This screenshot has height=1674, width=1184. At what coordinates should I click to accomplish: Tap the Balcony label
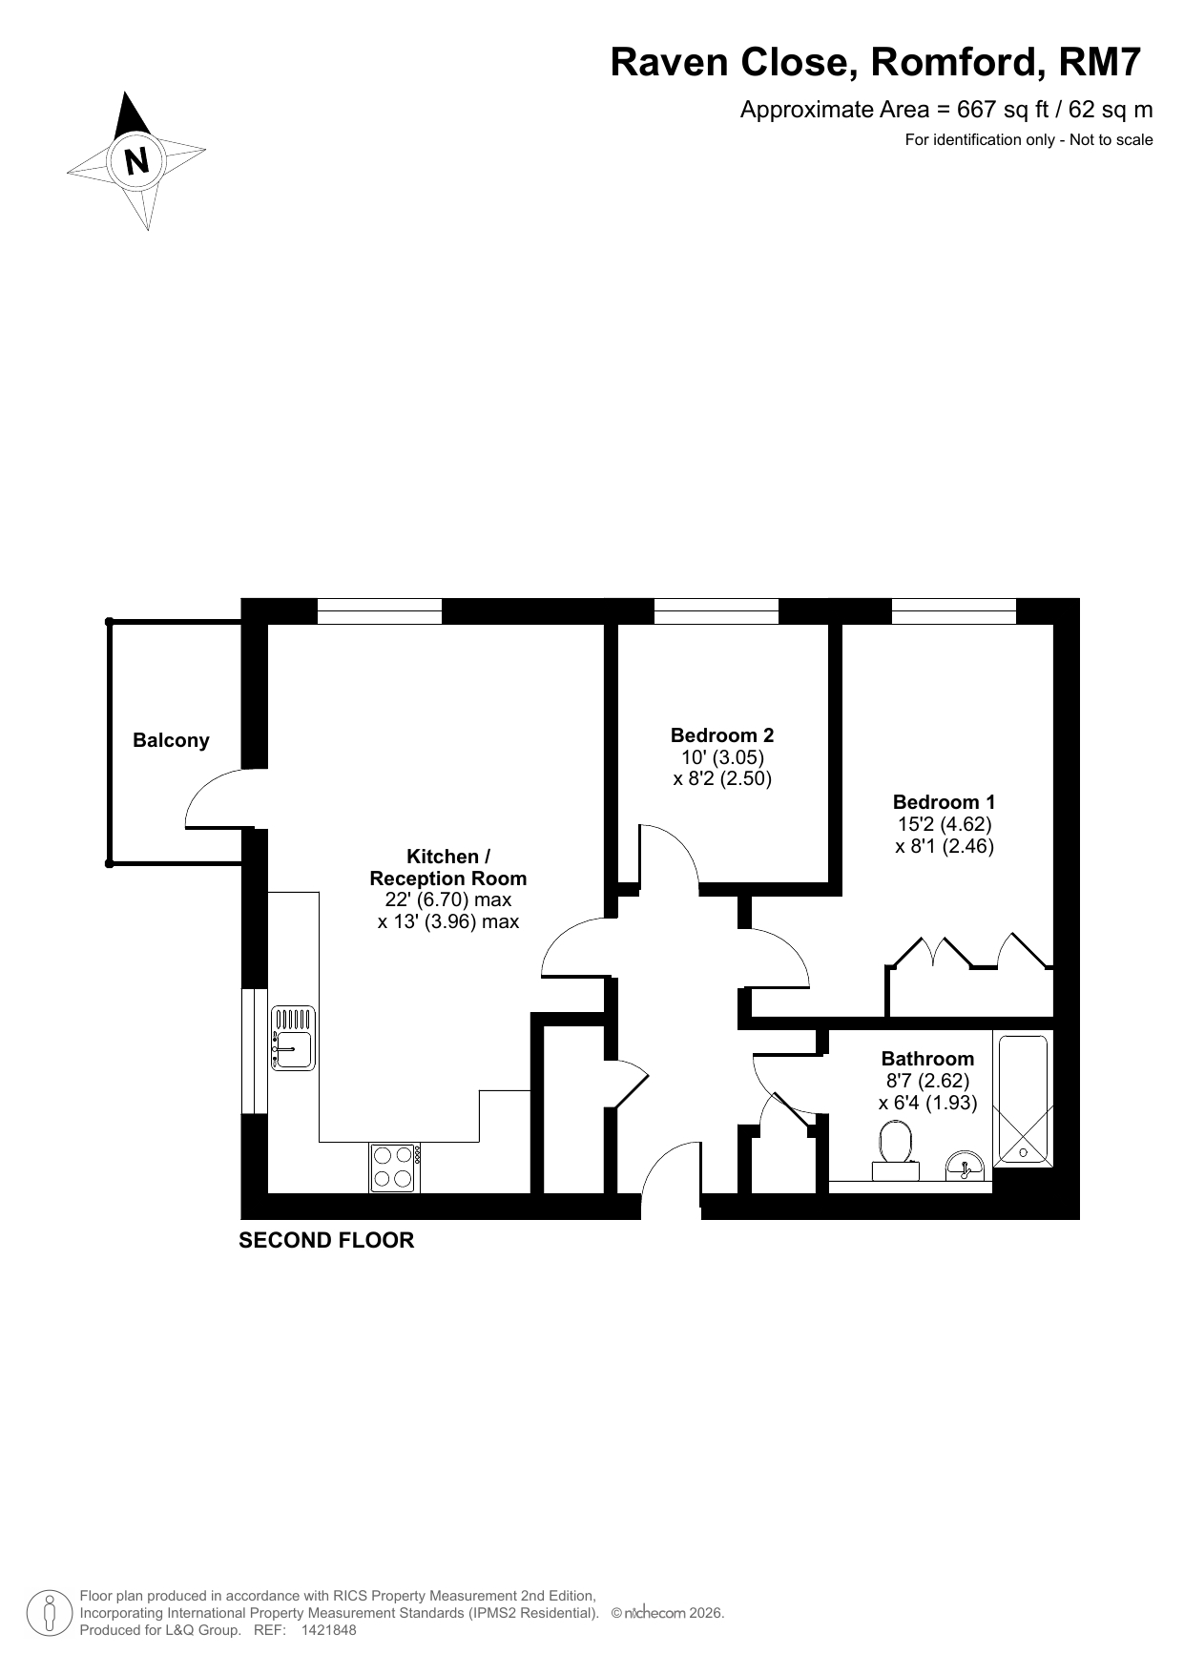(171, 740)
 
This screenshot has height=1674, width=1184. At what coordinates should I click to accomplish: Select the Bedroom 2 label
(722, 735)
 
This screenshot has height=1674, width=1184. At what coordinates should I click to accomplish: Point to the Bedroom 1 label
(944, 802)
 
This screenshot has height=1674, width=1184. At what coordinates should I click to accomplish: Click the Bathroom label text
(927, 1059)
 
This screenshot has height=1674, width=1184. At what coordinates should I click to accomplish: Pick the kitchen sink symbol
(293, 1038)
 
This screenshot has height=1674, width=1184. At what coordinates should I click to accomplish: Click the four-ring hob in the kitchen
(395, 1168)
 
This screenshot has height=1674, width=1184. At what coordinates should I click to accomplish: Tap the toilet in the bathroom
(895, 1151)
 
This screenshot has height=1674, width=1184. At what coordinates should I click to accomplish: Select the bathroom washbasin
(965, 1166)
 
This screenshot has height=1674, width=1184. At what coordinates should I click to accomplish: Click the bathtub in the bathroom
(1023, 1100)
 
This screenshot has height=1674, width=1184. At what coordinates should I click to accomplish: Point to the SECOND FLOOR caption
(326, 1240)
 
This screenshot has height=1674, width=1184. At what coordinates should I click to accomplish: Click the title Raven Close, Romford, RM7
(875, 62)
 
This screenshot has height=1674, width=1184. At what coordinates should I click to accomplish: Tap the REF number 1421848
(328, 1630)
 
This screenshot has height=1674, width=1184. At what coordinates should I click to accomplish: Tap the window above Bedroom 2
(716, 610)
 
